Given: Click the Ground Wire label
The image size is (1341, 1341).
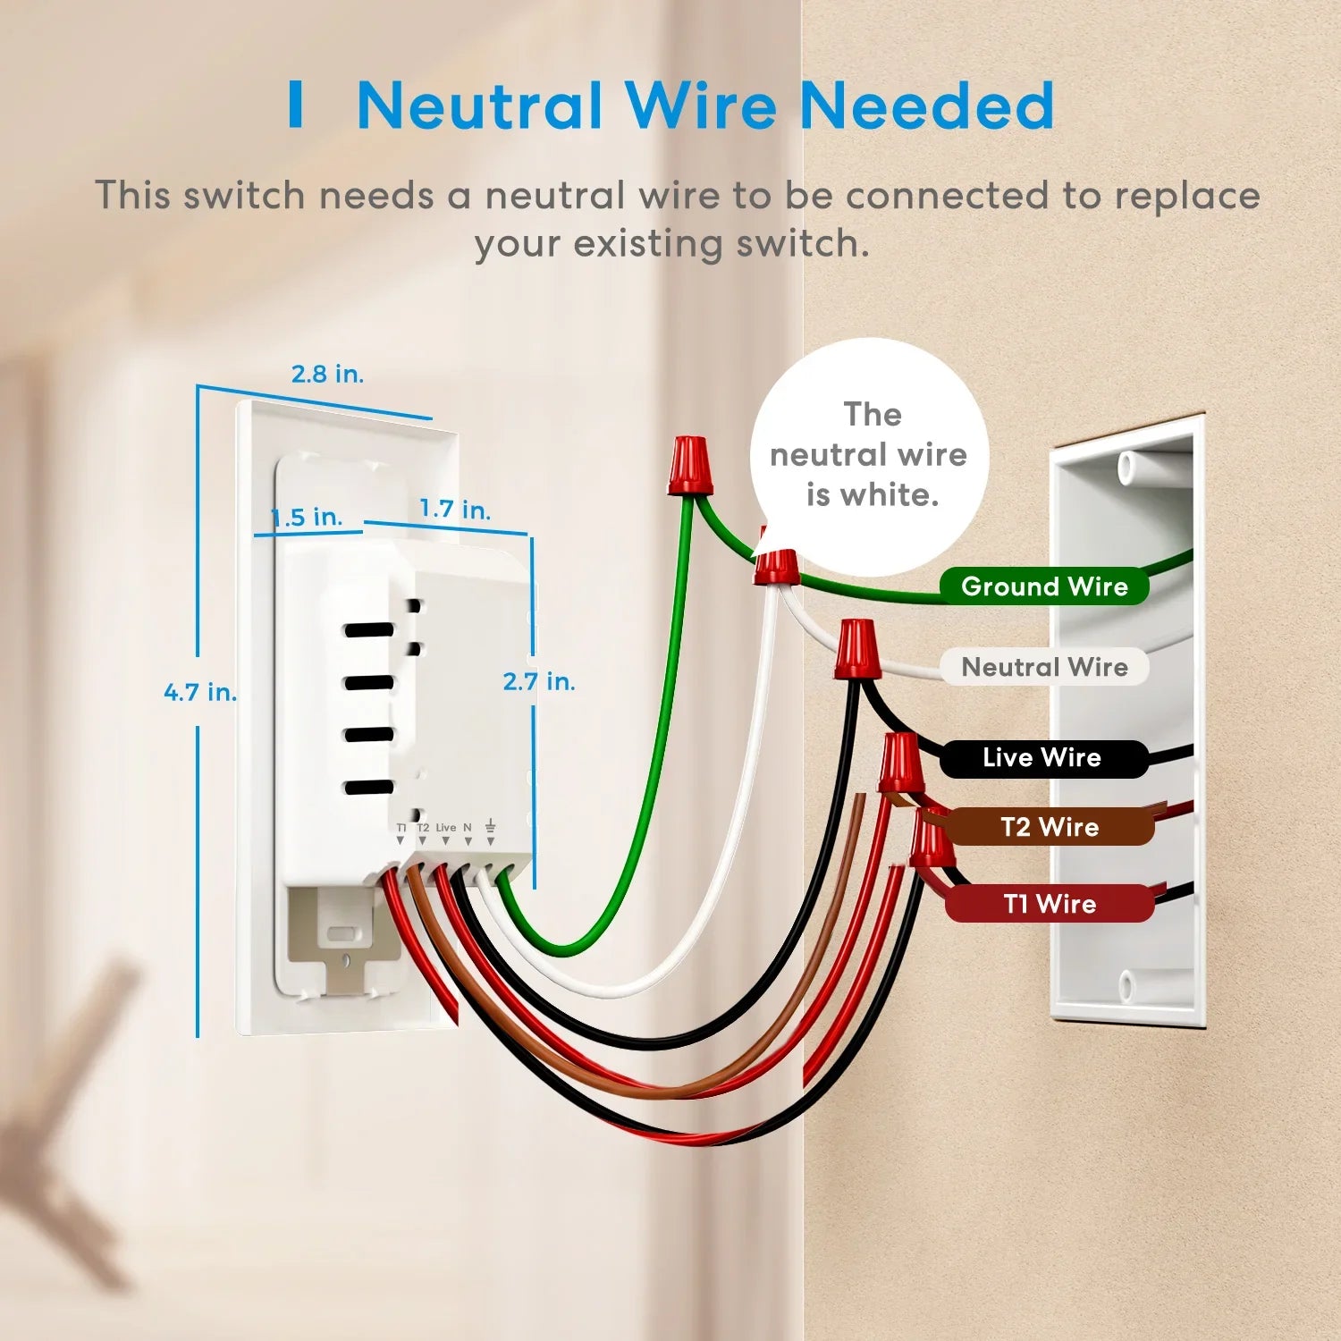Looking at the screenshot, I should click(x=1043, y=586).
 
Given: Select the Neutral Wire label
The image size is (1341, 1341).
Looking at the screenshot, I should click(x=1043, y=667).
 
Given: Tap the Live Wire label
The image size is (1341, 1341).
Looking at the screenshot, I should click(x=1042, y=758).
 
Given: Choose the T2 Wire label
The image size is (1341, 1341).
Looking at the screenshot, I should click(x=1050, y=827).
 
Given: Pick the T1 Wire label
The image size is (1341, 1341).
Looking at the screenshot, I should click(x=1050, y=904).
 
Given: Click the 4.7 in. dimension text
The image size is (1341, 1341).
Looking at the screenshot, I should click(x=200, y=692).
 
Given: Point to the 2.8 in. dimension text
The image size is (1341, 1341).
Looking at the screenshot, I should click(x=327, y=374).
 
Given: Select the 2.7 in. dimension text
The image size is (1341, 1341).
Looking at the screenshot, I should click(x=538, y=682).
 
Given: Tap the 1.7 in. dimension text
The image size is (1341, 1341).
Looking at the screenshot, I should click(x=455, y=510).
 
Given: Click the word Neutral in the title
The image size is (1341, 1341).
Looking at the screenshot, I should click(x=479, y=105).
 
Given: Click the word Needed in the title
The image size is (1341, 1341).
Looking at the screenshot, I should click(x=926, y=105).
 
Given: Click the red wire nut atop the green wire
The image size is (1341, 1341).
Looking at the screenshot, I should click(x=690, y=465).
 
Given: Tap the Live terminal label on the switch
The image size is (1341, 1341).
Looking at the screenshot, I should click(x=445, y=828).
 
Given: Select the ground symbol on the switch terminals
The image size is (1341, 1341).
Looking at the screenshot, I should click(x=490, y=827).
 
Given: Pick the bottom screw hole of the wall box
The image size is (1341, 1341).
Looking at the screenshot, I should click(x=1126, y=986).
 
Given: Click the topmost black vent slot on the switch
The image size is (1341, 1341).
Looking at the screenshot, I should click(x=369, y=630).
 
